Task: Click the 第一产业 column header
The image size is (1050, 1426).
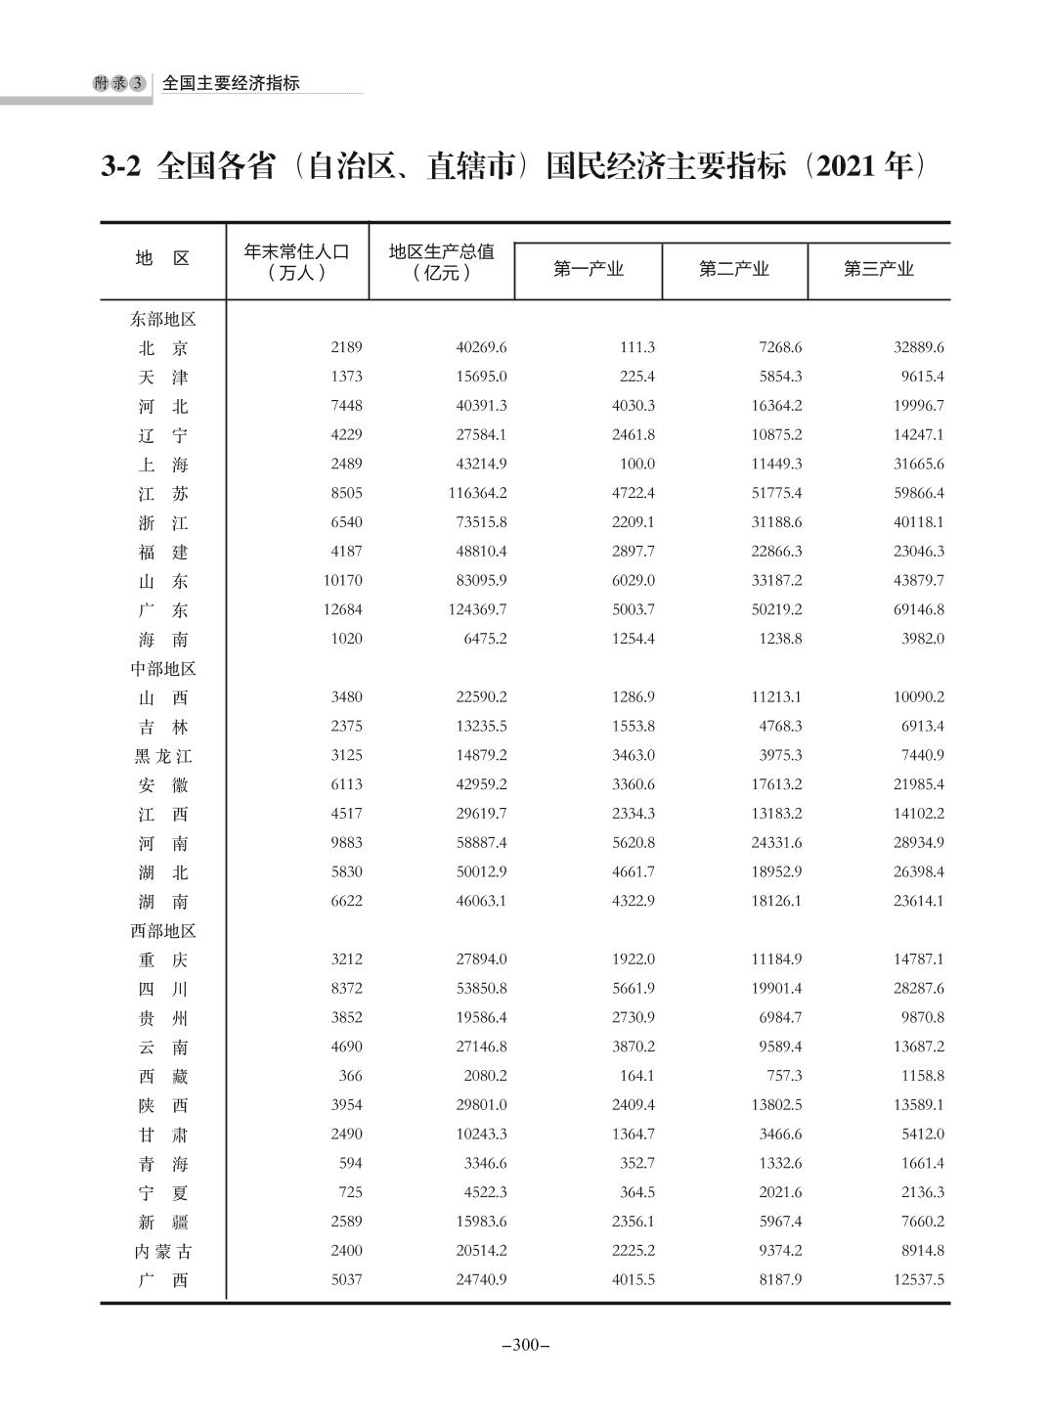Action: [x=588, y=269]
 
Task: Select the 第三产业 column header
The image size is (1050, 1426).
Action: [x=878, y=269]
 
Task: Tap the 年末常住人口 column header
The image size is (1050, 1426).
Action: [x=296, y=261]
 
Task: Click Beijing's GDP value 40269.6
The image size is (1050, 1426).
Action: [x=481, y=347]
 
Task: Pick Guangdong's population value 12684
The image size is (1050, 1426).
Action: [x=341, y=609]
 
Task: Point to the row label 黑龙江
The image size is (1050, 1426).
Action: [x=162, y=756]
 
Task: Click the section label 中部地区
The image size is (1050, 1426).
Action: [x=163, y=669]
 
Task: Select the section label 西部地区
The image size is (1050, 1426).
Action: [x=163, y=931]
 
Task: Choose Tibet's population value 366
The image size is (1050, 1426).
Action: [x=349, y=1076]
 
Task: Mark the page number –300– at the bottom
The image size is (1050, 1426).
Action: [x=525, y=1345]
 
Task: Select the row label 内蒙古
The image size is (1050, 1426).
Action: [x=162, y=1251]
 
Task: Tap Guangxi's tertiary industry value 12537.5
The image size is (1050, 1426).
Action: [x=918, y=1279]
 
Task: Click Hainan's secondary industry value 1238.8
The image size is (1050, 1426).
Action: [x=780, y=639]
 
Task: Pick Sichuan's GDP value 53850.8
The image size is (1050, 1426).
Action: [x=481, y=988]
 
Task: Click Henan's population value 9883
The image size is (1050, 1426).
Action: [x=346, y=842]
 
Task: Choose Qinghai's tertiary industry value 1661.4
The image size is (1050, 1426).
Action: [x=922, y=1163]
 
